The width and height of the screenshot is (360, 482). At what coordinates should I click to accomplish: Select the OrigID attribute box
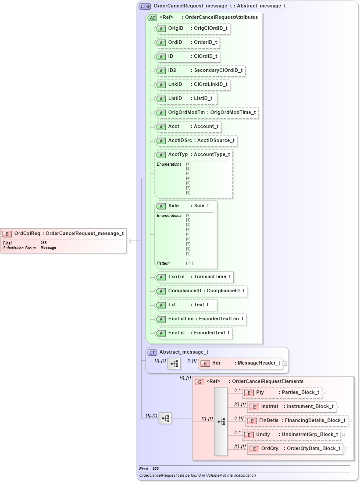(x=193, y=28)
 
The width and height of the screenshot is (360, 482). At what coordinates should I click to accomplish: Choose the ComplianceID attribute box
(x=201, y=291)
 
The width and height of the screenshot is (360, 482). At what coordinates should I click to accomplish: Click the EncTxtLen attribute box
(x=201, y=319)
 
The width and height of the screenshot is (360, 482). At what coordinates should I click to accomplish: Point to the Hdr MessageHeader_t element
(x=241, y=363)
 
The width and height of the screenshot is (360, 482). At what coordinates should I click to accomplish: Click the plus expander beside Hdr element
(x=285, y=363)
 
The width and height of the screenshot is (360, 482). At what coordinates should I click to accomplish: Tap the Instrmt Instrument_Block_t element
(x=292, y=407)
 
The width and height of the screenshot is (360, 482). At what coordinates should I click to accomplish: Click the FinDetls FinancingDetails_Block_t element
(x=296, y=421)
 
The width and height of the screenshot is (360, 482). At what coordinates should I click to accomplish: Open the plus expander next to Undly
(x=343, y=435)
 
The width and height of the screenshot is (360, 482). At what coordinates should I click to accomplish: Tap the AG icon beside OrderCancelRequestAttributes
(x=153, y=18)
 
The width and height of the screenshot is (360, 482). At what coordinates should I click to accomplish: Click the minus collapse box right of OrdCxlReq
(x=128, y=241)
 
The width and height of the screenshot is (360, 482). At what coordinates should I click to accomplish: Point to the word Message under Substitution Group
(x=48, y=248)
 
